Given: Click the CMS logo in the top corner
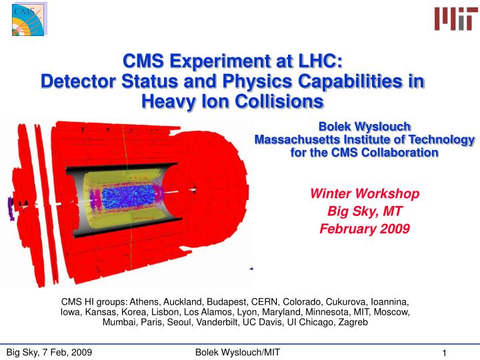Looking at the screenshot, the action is pos(29,19).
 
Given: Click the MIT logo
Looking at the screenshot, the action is pos(456,19).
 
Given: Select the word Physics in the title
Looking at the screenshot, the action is pos(258,81).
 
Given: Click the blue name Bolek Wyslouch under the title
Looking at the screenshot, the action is pos(365,127).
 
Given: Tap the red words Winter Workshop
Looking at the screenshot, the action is pos(365,194).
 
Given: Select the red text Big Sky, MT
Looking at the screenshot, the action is pos(365,211).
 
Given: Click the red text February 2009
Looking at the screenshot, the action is pos(365,229).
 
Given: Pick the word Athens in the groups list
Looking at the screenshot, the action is pos(145,302).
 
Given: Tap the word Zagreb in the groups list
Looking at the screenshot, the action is pos(353,322).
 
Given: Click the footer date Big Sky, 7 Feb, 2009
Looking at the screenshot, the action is pos(49,353).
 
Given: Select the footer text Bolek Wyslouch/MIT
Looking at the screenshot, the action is pos(237,353).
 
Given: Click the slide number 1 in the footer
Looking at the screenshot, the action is pos(444,353).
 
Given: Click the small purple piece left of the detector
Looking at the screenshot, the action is pos(11,209).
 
